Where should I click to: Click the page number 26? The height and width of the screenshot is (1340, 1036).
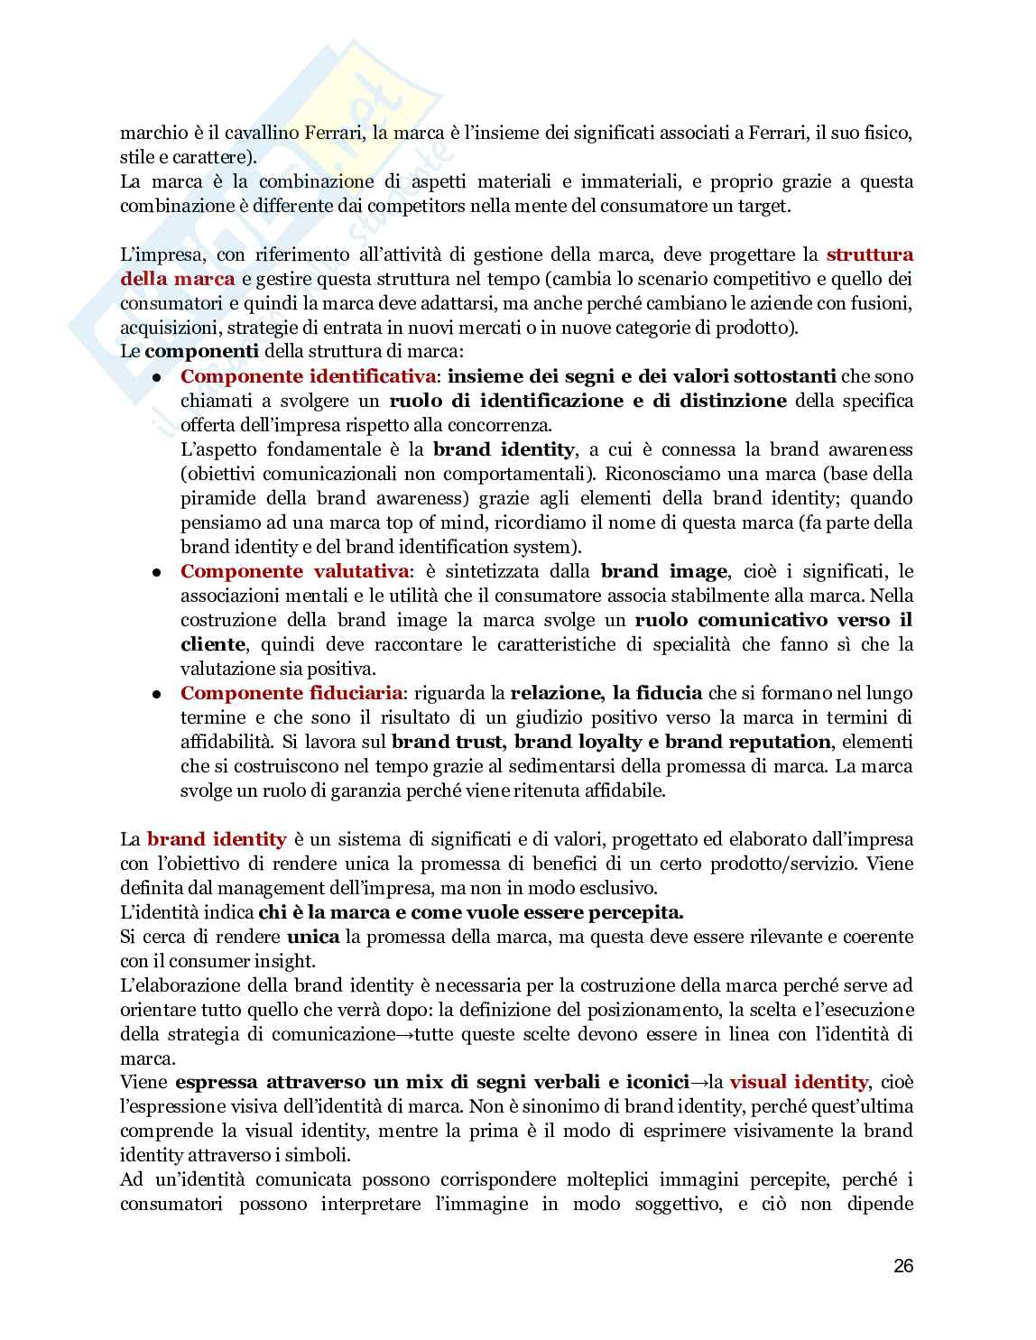pos(903,1266)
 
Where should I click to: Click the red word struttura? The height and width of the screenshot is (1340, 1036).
pos(870,254)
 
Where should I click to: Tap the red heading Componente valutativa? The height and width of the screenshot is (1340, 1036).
pos(295,571)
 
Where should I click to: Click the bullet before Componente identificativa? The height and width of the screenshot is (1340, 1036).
pos(156,378)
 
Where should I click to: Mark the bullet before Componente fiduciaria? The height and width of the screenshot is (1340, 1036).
pos(156,695)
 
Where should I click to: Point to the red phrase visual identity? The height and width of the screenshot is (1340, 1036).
pos(799,1082)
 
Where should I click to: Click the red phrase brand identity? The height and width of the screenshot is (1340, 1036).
pos(217,839)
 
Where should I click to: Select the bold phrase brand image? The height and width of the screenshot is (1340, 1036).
pos(663,571)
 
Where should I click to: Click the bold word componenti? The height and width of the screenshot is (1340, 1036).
pos(201,352)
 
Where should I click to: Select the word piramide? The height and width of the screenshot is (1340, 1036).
pos(217,498)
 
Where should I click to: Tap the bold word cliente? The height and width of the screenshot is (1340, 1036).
pos(212,644)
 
